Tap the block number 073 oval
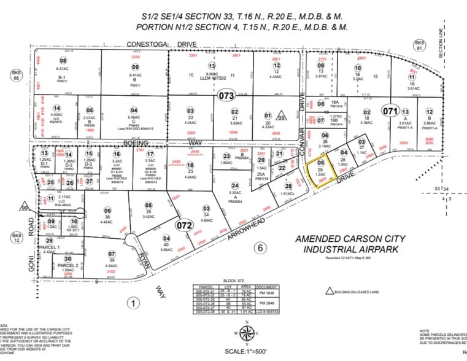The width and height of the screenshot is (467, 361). point(226,95)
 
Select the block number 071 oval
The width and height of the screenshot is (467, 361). point(390,111)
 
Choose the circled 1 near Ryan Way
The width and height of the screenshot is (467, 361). point(131,301)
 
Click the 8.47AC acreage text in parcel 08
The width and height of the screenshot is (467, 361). point(63,69)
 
